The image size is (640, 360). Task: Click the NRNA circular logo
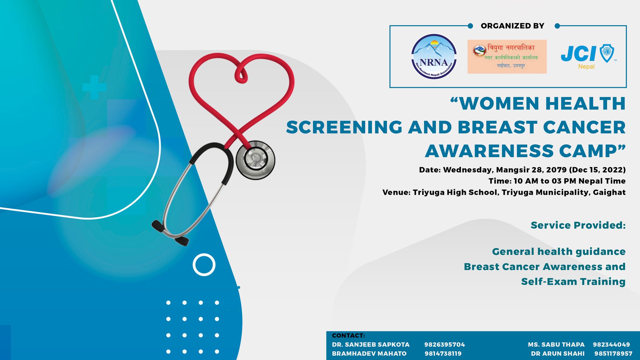coord(434,57)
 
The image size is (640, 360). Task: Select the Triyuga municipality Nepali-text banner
coord(507,57)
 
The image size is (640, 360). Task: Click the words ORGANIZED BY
coord(512,26)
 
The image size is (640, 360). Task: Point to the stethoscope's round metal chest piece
coord(255,160)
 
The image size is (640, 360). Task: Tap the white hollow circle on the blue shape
coord(204,265)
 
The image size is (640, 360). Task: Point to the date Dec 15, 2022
coord(597,170)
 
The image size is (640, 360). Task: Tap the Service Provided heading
coord(578,225)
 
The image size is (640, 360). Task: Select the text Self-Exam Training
coord(573,282)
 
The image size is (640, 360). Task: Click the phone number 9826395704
coord(444,345)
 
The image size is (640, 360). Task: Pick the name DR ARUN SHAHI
coord(557,354)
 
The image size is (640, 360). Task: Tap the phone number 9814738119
coord(443,354)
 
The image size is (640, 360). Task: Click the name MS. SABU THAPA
coord(556,345)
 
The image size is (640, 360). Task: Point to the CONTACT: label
coord(348,336)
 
